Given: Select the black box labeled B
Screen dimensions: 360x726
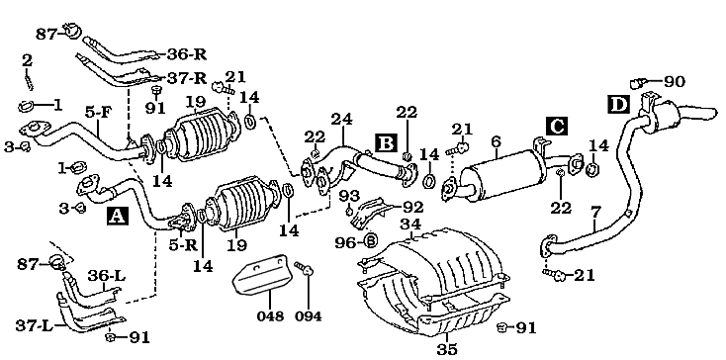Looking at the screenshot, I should (x=386, y=143).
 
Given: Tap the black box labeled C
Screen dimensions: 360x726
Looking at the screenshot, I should (x=556, y=125).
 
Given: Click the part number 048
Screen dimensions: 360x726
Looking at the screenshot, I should (x=269, y=316).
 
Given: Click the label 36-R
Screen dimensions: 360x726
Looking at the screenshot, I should (x=184, y=54).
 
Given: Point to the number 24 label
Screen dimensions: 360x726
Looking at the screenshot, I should (x=342, y=120).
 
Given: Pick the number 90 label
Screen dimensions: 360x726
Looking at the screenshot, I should (x=675, y=81).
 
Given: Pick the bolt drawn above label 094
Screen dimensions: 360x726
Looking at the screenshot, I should (x=305, y=268).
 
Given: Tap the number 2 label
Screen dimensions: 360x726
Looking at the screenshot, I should (x=27, y=60).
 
